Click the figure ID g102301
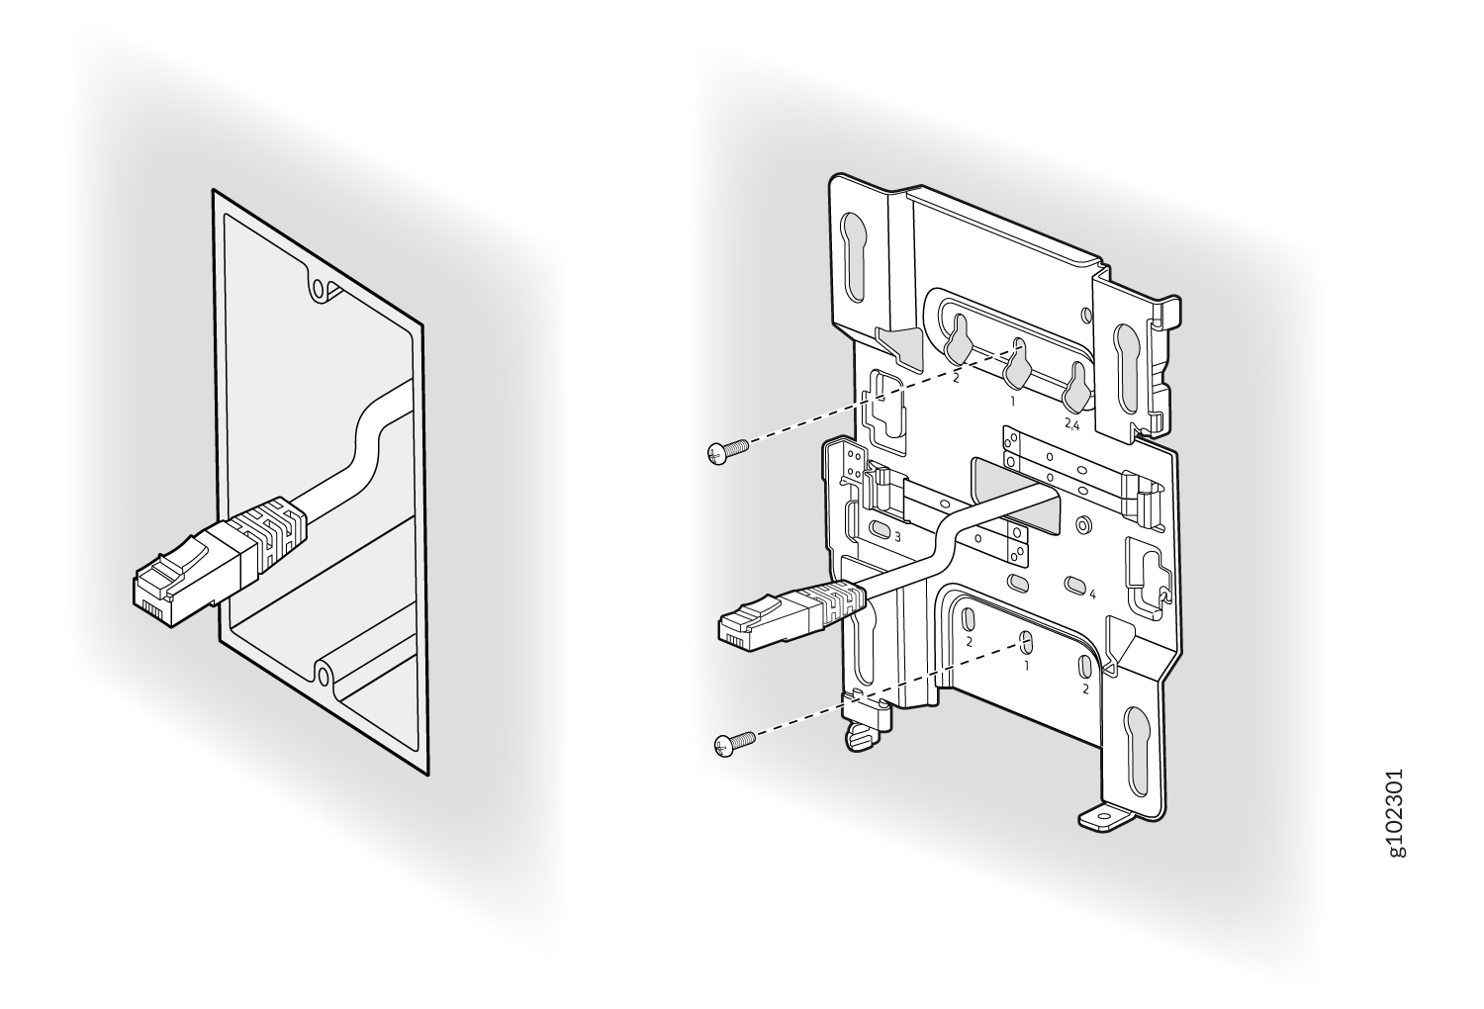[x=1395, y=822]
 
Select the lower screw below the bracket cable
[x=735, y=744]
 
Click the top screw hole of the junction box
[x=320, y=289]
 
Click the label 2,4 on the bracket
[x=1071, y=426]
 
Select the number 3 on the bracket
[x=897, y=537]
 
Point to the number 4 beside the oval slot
[x=1093, y=595]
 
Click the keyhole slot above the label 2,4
[x=1075, y=392]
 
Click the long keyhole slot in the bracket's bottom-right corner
[x=1136, y=751]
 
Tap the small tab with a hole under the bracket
[x=1105, y=819]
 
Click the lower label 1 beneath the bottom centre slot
[x=1026, y=666]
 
